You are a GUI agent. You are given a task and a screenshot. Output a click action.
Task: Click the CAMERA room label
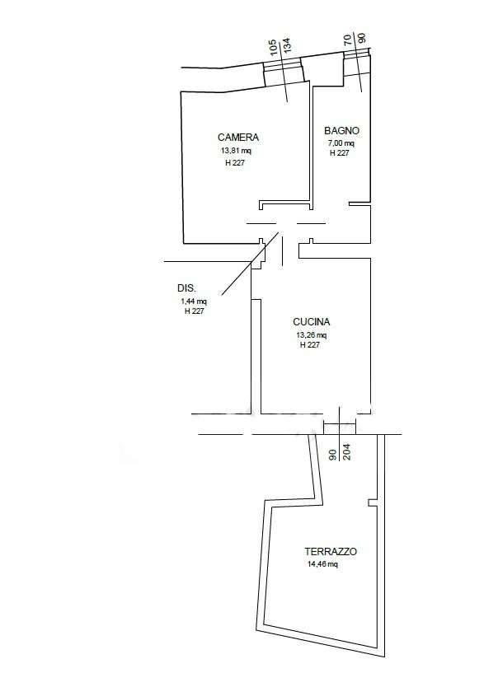tap(238, 137)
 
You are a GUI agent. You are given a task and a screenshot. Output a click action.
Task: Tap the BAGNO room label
tap(341, 131)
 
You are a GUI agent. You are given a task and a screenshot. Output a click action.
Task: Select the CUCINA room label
tap(312, 321)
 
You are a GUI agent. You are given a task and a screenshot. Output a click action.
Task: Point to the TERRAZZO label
tap(331, 552)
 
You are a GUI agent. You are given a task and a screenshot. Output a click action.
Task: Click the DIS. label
tap(187, 288)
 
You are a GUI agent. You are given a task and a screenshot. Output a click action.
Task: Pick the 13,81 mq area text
tap(236, 152)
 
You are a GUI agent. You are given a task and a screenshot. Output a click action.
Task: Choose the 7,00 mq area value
tap(341, 143)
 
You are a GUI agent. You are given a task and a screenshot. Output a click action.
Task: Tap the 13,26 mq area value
tap(312, 335)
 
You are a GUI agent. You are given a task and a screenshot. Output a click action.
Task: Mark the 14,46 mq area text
tap(322, 564)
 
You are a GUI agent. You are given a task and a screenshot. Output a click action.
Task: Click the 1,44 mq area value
tap(193, 301)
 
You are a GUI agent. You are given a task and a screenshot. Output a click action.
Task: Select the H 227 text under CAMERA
tap(235, 162)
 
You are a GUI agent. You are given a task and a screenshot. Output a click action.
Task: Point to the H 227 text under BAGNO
tap(340, 153)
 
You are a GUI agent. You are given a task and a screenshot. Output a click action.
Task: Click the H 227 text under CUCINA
tap(309, 345)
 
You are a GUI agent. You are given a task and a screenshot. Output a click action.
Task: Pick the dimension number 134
tap(287, 45)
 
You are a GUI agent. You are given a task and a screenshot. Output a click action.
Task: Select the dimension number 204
tap(346, 451)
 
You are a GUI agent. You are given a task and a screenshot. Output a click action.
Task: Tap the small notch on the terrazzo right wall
tap(372, 502)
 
